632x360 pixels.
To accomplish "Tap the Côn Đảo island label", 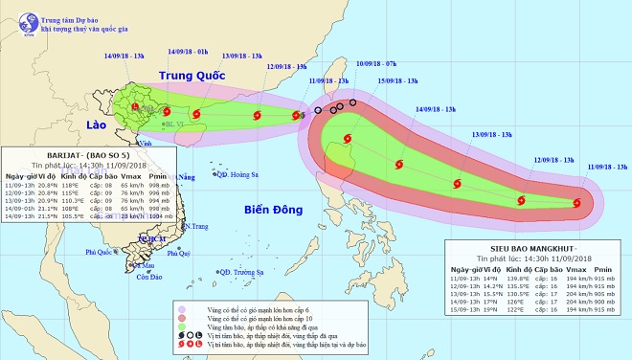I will click(x=148, y=278).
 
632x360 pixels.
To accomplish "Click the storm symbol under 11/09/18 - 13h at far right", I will click(x=577, y=202).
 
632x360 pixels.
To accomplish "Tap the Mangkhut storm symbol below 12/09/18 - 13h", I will click(x=521, y=201).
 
